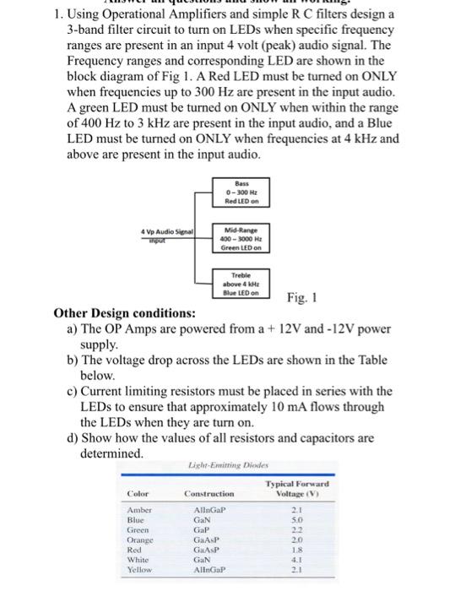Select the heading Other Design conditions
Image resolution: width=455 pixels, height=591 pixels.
pos(127,313)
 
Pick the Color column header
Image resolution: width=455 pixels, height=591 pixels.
pos(138,493)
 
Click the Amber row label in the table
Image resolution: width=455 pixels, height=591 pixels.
pos(140,512)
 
